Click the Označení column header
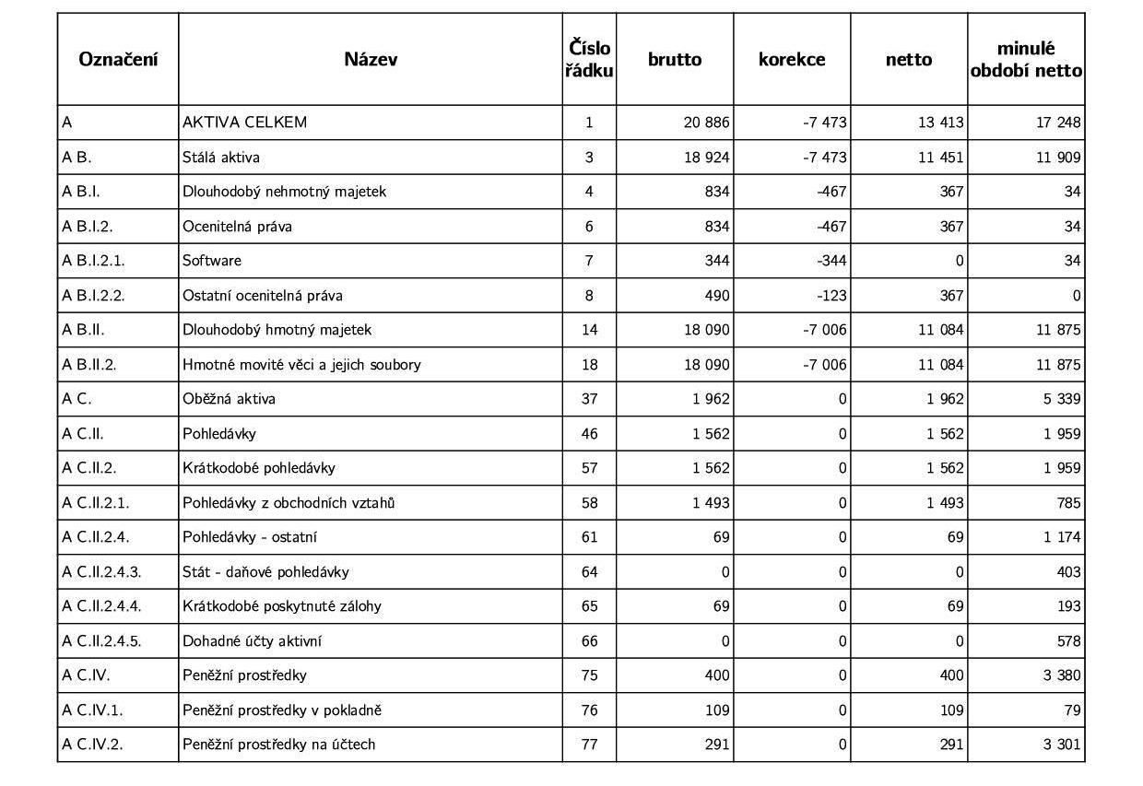(118, 59)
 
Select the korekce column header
(792, 59)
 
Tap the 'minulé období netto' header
(1026, 59)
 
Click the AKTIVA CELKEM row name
(244, 123)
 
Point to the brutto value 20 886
(706, 123)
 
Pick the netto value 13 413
(940, 123)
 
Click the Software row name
(212, 261)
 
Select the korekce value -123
(831, 296)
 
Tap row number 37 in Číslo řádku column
(589, 399)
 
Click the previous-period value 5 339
(1062, 399)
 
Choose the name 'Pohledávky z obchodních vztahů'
(289, 503)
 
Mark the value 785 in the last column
(1068, 503)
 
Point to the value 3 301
(1062, 745)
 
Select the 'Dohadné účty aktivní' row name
(252, 641)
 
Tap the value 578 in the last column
(1068, 641)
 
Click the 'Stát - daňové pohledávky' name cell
(265, 572)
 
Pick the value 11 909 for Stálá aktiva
(1058, 158)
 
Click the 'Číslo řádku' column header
(589, 59)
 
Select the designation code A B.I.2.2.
(93, 296)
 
